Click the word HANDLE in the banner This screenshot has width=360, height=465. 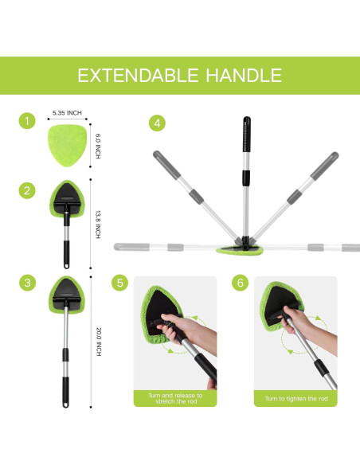243,76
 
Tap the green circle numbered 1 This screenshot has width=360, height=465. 29,122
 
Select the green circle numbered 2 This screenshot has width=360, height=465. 29,190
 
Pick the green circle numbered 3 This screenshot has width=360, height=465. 29,283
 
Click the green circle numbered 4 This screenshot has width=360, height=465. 158,123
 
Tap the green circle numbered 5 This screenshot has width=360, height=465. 120,283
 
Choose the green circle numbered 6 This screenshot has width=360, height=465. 241,283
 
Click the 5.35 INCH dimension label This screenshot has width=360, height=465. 65,113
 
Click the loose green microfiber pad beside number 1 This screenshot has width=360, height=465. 65,146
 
